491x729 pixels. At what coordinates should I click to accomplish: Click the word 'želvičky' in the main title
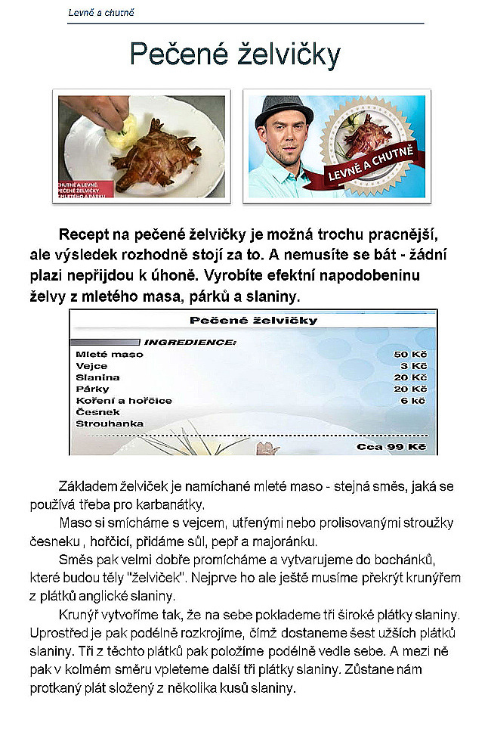tap(279, 55)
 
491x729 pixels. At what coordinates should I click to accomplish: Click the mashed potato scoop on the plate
tap(121, 135)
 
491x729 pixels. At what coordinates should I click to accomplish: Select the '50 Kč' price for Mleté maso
tap(411, 354)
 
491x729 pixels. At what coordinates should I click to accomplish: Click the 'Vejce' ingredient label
tap(91, 365)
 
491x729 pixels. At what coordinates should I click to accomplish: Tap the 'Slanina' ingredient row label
tap(97, 377)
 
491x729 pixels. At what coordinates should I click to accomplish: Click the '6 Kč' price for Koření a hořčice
tap(413, 400)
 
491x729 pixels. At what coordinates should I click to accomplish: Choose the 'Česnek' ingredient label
tap(94, 411)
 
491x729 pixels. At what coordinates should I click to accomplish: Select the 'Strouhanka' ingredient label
tap(109, 423)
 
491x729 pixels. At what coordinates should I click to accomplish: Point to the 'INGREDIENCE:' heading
tap(190, 342)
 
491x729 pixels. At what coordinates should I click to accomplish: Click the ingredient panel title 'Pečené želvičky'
tap(253, 321)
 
